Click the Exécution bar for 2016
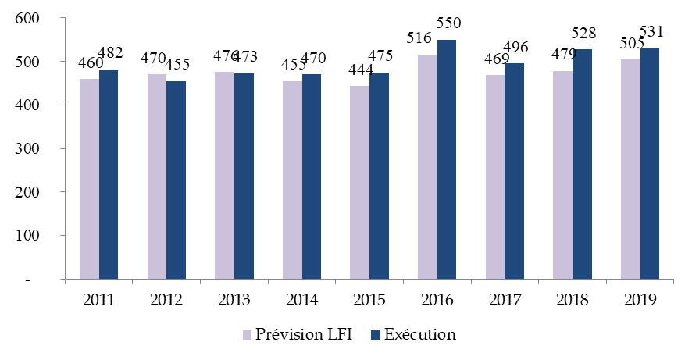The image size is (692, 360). click(447, 159)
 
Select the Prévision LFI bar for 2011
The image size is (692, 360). click(89, 179)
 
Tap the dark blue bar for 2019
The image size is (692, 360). click(650, 163)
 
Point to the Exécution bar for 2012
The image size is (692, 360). click(176, 180)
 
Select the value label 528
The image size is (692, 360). click(583, 34)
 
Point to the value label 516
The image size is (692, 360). click(418, 39)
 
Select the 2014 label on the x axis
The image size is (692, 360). click(301, 300)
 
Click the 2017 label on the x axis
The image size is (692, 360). click(504, 300)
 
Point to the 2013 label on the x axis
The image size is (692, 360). click(234, 300)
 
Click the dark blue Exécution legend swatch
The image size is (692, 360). click(374, 335)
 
